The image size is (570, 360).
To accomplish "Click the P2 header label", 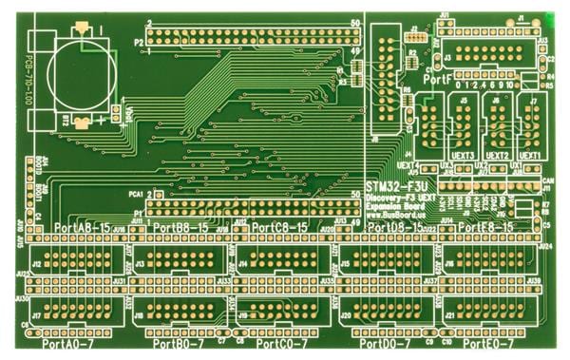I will pyautogui.click(x=139, y=43).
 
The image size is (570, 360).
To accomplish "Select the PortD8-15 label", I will pyautogui.click(x=397, y=229).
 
